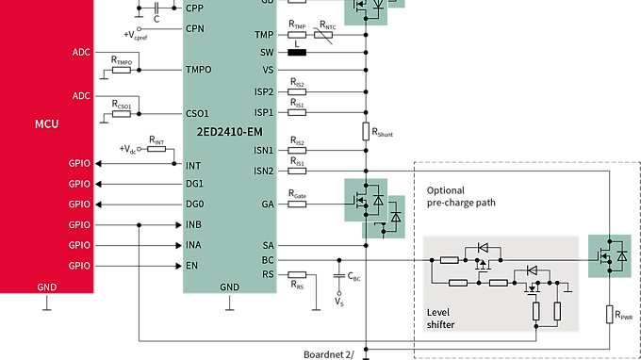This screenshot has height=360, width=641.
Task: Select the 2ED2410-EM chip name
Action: [228, 131]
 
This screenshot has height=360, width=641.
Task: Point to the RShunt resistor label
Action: [382, 132]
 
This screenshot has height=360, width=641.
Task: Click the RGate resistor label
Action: [298, 195]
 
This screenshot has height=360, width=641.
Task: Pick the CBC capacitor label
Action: [353, 276]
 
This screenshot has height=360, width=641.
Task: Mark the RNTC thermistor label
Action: [327, 25]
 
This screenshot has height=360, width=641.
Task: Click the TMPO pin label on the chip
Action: [200, 70]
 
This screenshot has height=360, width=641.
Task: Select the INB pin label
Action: [195, 224]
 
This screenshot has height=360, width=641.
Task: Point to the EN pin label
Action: [192, 265]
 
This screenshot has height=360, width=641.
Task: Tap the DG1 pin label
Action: [195, 183]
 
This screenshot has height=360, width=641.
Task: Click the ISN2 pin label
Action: [263, 171]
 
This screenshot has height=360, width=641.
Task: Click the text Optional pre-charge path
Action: [461, 196]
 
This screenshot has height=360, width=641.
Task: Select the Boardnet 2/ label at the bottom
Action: [329, 354]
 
